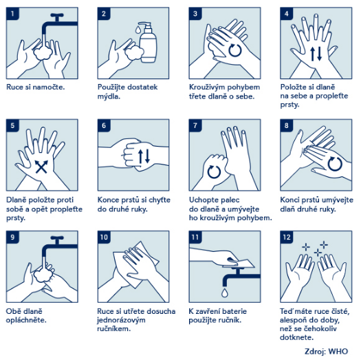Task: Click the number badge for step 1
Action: (12, 14)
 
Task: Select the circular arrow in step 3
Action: (235, 50)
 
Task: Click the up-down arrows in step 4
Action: (316, 54)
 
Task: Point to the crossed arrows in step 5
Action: (41, 167)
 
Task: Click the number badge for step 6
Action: (104, 125)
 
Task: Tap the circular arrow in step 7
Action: (214, 171)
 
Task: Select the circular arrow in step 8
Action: (335, 164)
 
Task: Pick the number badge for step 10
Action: (104, 237)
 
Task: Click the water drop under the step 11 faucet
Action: (225, 293)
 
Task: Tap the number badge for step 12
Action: (287, 237)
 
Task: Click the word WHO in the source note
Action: (338, 351)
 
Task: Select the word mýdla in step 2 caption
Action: (109, 96)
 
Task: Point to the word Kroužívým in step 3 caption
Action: (206, 87)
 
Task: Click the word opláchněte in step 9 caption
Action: (26, 320)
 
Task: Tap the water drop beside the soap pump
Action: (138, 30)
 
